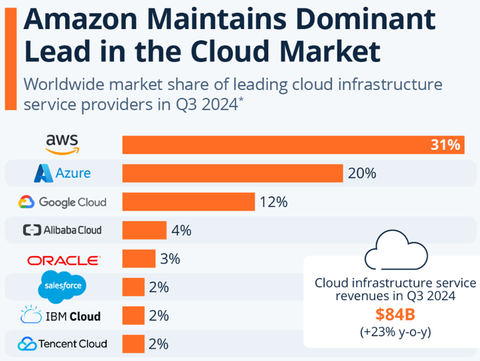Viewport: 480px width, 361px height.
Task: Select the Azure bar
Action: tap(232, 173)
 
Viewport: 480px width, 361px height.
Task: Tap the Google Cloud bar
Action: tap(188, 201)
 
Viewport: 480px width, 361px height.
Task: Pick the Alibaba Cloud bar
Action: tap(144, 230)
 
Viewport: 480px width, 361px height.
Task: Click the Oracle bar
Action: tap(139, 259)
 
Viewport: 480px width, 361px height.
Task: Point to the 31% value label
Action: tap(445, 145)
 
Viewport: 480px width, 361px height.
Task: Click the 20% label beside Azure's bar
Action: tap(361, 173)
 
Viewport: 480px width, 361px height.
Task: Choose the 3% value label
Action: tap(169, 259)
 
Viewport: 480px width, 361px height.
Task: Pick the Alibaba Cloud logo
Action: tap(62, 230)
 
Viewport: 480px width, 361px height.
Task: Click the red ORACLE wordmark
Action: tap(62, 260)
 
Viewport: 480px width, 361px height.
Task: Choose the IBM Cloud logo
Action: tap(62, 315)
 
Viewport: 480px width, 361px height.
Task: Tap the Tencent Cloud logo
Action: tap(62, 344)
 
